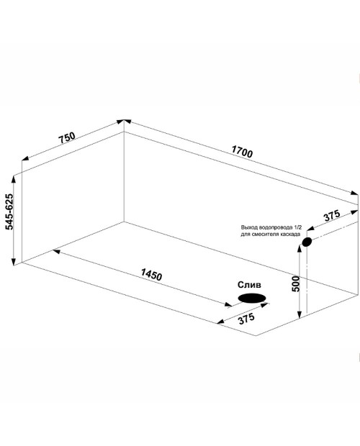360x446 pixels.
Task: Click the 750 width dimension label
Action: pyautogui.click(x=67, y=137)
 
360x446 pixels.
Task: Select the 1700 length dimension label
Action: pyautogui.click(x=242, y=151)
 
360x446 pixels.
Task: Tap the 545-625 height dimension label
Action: pyautogui.click(x=9, y=211)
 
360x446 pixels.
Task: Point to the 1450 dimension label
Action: pyautogui.click(x=152, y=275)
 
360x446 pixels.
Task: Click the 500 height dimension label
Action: pyautogui.click(x=296, y=283)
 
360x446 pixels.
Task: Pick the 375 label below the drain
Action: pyautogui.click(x=246, y=319)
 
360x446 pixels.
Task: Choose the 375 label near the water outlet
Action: pyautogui.click(x=332, y=215)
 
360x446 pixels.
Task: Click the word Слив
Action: pyautogui.click(x=249, y=285)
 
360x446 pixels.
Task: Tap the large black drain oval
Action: pyautogui.click(x=252, y=298)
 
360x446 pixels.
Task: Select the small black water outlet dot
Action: pyautogui.click(x=307, y=242)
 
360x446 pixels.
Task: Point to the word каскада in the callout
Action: pyautogui.click(x=290, y=235)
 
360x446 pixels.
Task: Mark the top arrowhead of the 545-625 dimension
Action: pyautogui.click(x=13, y=179)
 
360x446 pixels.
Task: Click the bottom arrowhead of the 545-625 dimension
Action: pyautogui.click(x=13, y=261)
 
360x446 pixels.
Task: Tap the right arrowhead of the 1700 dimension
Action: pyautogui.click(x=354, y=193)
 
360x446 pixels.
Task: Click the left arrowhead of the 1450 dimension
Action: pyautogui.click(x=56, y=251)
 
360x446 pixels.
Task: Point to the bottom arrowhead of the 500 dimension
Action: pyautogui.click(x=299, y=314)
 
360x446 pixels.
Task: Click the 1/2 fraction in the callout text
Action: pyautogui.click(x=296, y=227)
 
